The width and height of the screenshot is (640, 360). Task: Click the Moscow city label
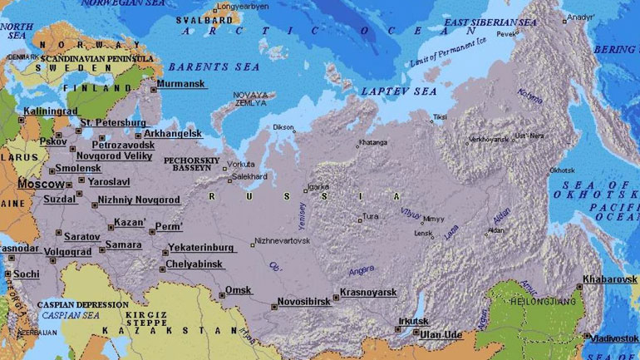click(40, 183)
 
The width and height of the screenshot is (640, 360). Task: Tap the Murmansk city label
click(181, 83)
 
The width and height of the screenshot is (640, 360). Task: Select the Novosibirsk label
click(303, 301)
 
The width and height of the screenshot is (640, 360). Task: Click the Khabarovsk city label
click(609, 279)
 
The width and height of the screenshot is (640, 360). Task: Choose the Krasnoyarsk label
click(368, 293)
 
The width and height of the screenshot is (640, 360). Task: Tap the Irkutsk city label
click(413, 320)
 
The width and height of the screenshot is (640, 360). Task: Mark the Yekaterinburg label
click(203, 247)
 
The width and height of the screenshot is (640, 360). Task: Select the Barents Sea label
click(202, 66)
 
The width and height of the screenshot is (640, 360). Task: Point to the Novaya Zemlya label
click(250, 99)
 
